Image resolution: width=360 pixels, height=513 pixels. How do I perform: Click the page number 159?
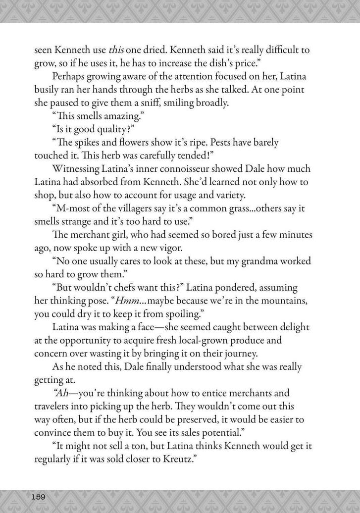click(39, 496)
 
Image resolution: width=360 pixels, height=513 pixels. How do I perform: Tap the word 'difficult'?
click(266, 50)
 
